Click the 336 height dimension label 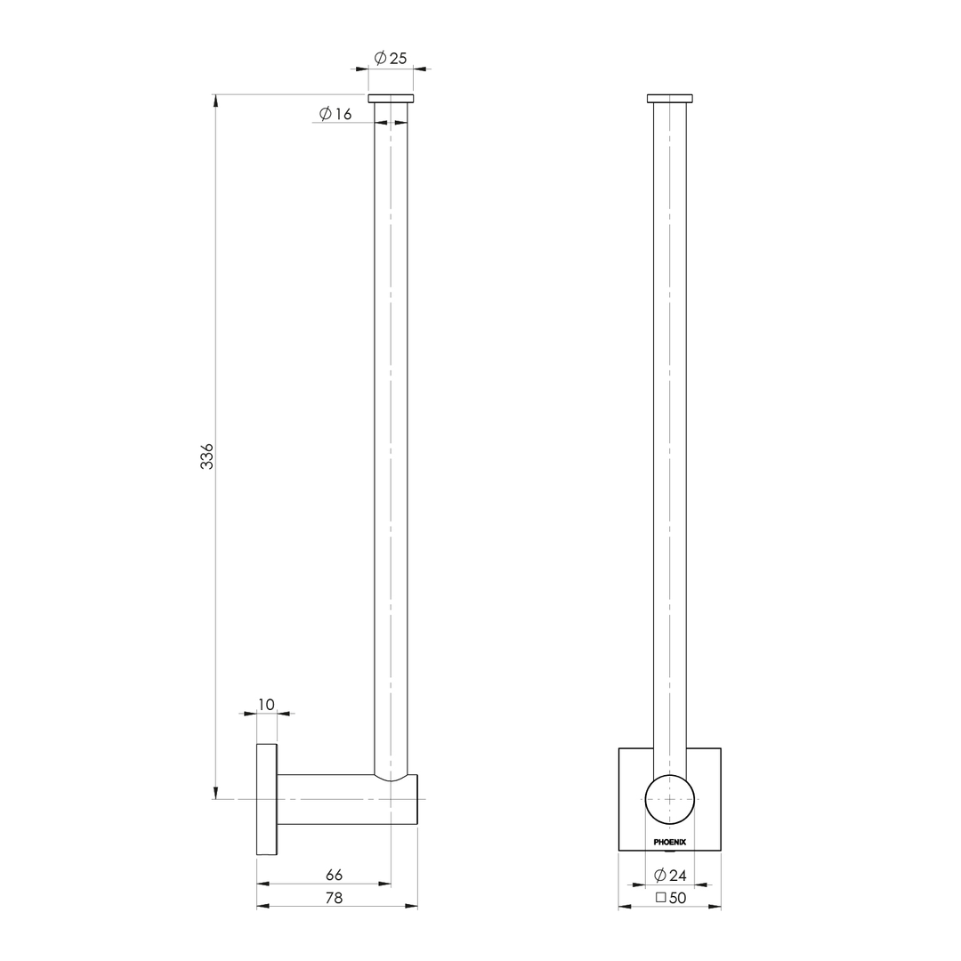coord(206,456)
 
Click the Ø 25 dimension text coord(390,59)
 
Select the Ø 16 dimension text coord(335,114)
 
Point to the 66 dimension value coord(334,875)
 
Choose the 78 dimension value coord(334,898)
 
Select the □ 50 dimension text coord(670,898)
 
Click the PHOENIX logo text coord(669,841)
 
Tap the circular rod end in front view coord(669,799)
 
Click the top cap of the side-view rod coord(391,98)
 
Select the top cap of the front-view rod coord(669,98)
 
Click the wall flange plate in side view coord(266,798)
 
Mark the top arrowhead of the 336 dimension coord(215,101)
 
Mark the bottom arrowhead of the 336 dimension coord(215,792)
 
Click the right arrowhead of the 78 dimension coord(411,906)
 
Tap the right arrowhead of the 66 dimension coord(384,884)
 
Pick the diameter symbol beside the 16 coord(325,114)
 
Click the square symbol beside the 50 coord(660,897)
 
